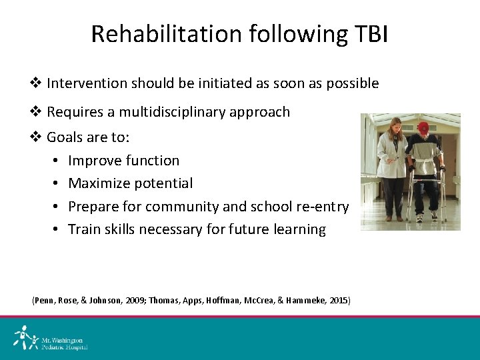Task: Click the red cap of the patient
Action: (x=423, y=127)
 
